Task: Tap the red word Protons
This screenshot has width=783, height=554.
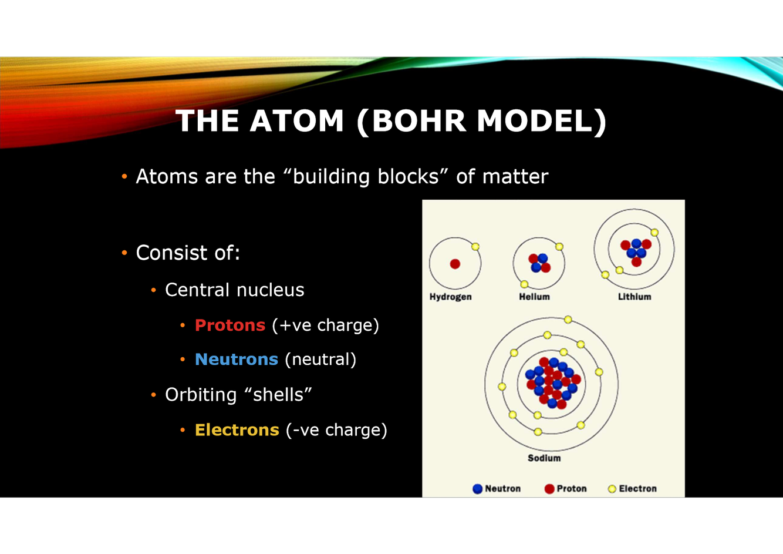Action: [230, 325]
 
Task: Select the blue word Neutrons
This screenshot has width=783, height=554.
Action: [237, 359]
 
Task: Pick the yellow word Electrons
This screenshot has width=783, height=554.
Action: [237, 429]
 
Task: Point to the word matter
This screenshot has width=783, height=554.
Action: [515, 176]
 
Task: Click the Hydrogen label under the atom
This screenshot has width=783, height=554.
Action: [450, 297]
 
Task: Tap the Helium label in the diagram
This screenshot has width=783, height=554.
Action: [534, 297]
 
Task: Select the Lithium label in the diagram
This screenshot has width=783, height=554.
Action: [635, 297]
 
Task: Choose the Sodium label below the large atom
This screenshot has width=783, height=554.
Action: [544, 458]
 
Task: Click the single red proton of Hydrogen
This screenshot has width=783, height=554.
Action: [455, 264]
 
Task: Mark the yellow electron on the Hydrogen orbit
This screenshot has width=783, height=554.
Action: [475, 247]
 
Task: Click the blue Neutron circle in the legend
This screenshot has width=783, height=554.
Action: [478, 489]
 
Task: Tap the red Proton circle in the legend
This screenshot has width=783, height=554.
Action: [549, 489]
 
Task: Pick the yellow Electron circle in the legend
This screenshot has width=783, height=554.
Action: [612, 489]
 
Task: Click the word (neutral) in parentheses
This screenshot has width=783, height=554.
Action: [320, 359]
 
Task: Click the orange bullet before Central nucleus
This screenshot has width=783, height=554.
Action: [153, 290]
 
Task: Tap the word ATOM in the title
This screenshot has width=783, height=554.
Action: [296, 121]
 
